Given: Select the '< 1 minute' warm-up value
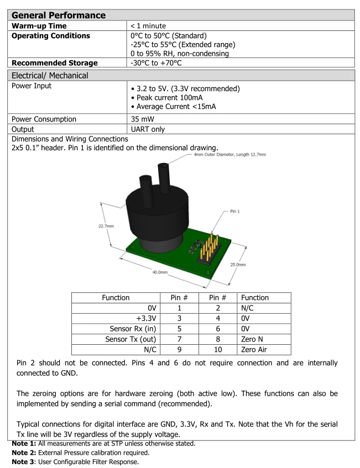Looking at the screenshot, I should [x=148, y=26].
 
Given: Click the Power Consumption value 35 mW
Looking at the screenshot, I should [x=142, y=119].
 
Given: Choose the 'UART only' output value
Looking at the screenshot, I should [x=148, y=129].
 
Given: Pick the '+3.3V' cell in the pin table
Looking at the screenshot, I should [x=146, y=318].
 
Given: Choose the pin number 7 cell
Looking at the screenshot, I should [x=179, y=339].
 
